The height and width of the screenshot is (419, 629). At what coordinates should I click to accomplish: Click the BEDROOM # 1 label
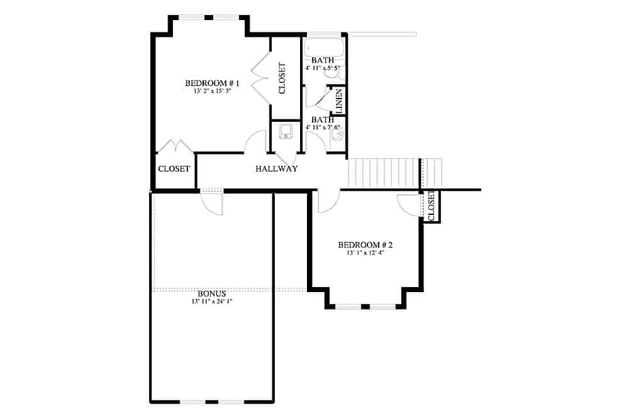pyautogui.click(x=212, y=83)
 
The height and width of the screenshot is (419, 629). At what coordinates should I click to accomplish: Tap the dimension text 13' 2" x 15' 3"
pyautogui.click(x=212, y=91)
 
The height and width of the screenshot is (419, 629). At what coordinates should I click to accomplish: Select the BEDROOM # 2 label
pyautogui.click(x=365, y=245)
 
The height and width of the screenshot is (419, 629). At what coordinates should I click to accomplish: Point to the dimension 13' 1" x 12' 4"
pyautogui.click(x=365, y=253)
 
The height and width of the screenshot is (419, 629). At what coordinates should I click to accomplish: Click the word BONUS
pyautogui.click(x=211, y=293)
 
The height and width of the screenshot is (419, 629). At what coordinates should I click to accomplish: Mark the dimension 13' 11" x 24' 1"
pyautogui.click(x=211, y=302)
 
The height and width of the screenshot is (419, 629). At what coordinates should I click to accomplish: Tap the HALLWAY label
pyautogui.click(x=276, y=169)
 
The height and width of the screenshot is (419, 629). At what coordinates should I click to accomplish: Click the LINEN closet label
pyautogui.click(x=338, y=101)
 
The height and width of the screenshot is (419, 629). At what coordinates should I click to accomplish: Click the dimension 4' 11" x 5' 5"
pyautogui.click(x=323, y=67)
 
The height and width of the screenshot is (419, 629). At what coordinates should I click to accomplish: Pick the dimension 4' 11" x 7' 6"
pyautogui.click(x=323, y=127)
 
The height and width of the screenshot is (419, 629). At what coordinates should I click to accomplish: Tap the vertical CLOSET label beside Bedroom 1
pyautogui.click(x=282, y=78)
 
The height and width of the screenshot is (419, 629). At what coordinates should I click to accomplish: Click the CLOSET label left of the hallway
pyautogui.click(x=174, y=169)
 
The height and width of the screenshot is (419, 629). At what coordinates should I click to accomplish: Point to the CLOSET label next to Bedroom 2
pyautogui.click(x=431, y=206)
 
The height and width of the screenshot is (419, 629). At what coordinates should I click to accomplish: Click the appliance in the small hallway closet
pyautogui.click(x=286, y=131)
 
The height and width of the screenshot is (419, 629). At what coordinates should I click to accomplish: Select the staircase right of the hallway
pyautogui.click(x=384, y=173)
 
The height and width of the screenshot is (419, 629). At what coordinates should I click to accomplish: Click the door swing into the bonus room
pyautogui.click(x=213, y=203)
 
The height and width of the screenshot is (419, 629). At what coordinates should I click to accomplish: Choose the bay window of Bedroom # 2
pyautogui.click(x=365, y=307)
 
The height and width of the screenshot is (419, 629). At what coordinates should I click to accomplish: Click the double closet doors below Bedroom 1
pyautogui.click(x=175, y=146)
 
